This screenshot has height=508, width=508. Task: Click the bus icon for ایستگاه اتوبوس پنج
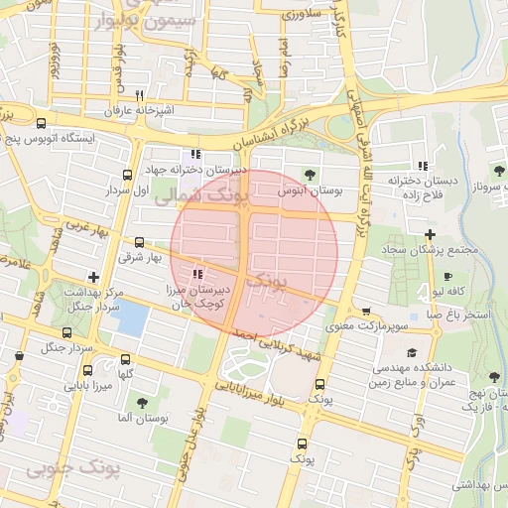[41, 124]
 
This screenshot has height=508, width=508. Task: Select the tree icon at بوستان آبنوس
[309, 175]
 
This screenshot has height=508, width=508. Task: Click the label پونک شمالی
[194, 197]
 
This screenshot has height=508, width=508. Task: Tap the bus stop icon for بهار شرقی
[138, 241]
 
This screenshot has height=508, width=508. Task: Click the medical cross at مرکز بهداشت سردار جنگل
[94, 278]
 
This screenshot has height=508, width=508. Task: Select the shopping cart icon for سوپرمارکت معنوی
[366, 312]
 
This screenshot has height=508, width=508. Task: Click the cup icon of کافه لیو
[447, 277]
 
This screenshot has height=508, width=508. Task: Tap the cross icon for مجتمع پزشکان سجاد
[429, 234]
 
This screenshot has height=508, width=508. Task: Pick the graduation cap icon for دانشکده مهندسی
[412, 352]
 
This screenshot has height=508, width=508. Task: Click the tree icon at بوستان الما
[142, 403]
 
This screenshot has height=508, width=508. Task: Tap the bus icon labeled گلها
[125, 360]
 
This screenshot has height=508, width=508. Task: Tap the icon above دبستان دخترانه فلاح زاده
[423, 166]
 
